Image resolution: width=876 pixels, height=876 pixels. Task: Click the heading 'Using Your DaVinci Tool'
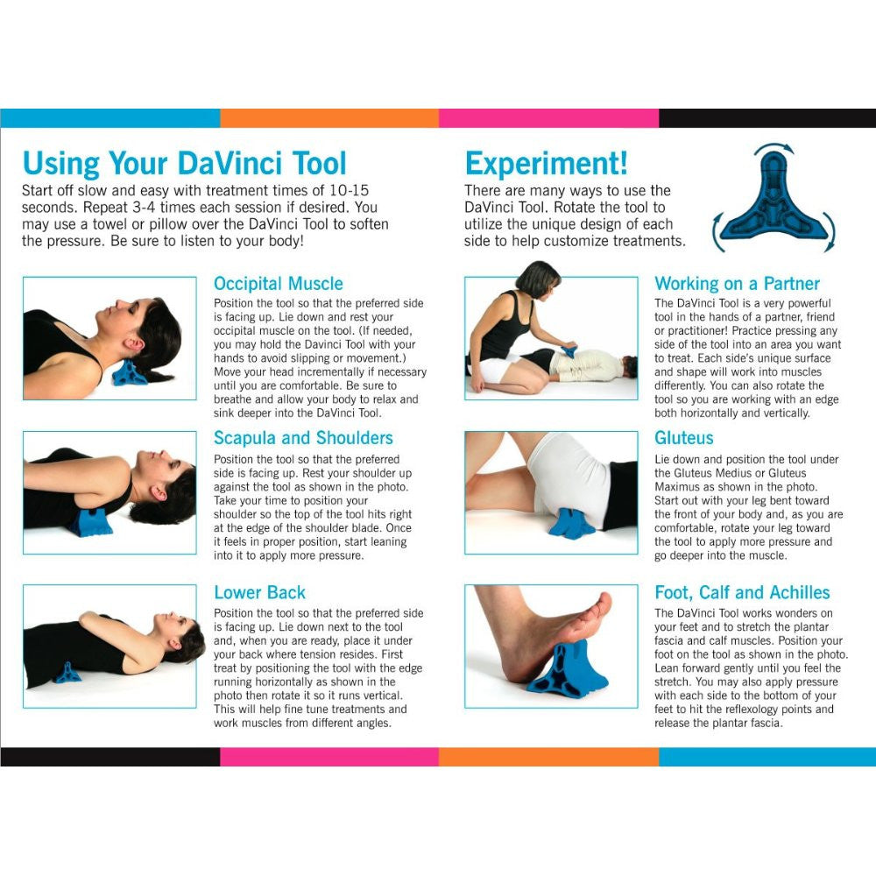[x=184, y=163]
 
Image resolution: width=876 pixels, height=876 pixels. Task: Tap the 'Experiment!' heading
[x=547, y=163]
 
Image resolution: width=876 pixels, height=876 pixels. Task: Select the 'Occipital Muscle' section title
[x=279, y=284]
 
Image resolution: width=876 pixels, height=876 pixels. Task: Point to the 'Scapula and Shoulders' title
[x=303, y=438]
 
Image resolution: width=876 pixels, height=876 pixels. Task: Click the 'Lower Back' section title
[x=260, y=592]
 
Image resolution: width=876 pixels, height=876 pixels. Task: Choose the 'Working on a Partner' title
[x=737, y=284]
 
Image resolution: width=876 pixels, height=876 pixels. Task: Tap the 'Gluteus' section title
[x=684, y=438]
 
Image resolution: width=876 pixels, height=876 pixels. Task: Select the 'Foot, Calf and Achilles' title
[x=742, y=592]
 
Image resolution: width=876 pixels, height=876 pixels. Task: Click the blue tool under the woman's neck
[x=129, y=373]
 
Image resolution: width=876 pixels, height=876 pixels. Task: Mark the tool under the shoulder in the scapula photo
[x=90, y=523]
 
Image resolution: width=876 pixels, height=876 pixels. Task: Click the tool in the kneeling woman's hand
[x=569, y=351]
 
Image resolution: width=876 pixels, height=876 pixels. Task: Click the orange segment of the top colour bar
[x=329, y=118]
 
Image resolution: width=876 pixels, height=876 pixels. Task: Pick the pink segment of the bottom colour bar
[x=329, y=757]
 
